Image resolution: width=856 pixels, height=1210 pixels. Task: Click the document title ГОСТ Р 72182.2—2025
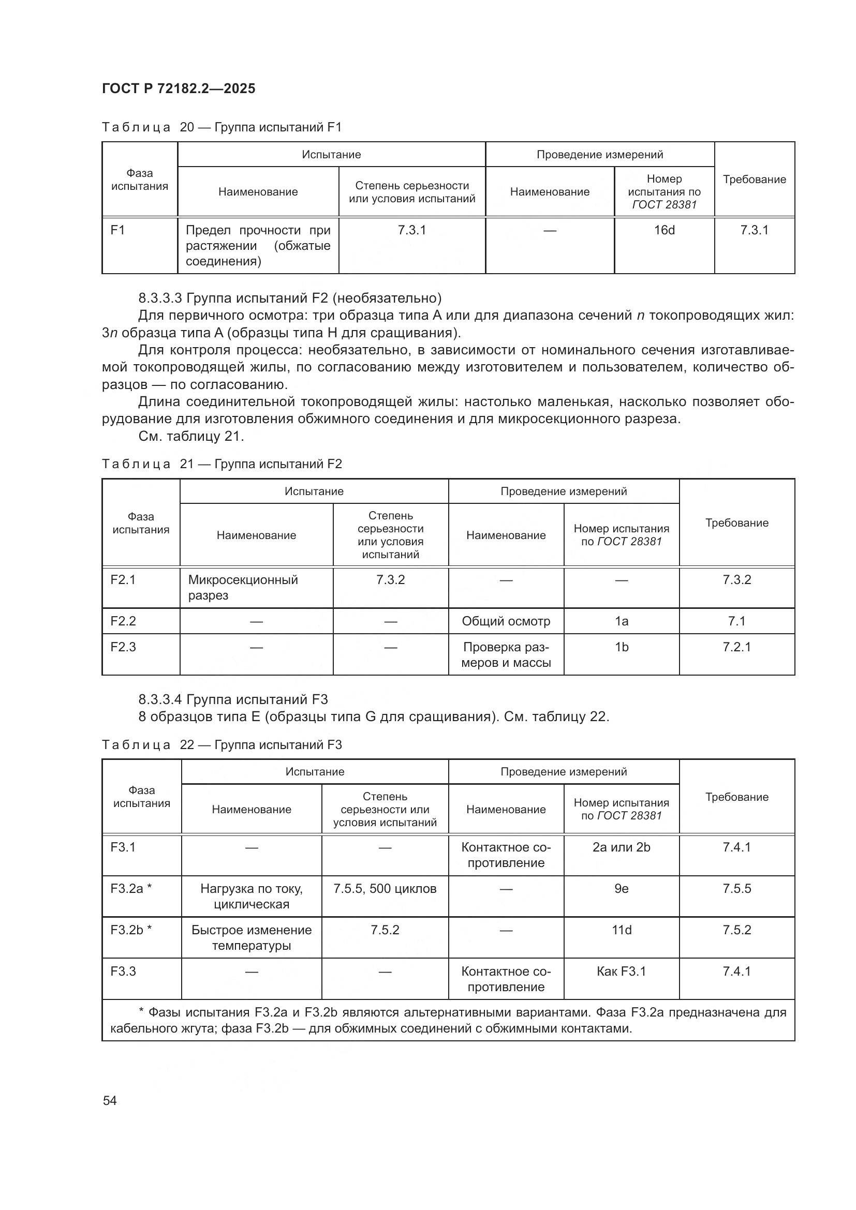(179, 88)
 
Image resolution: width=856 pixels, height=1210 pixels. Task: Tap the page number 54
(110, 1100)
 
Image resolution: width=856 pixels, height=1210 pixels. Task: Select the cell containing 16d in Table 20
(664, 230)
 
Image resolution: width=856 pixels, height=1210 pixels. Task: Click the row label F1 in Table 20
(117, 230)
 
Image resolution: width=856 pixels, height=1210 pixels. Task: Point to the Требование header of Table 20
(754, 179)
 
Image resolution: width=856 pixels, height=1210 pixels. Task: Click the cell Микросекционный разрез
(243, 588)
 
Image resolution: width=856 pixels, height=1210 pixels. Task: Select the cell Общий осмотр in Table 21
(506, 621)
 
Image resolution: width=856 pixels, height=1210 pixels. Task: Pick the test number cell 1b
(622, 647)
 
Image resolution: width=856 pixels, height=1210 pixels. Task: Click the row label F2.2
(123, 621)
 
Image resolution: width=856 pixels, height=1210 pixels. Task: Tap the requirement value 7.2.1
(736, 647)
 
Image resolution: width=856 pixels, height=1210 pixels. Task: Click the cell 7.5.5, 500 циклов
(385, 889)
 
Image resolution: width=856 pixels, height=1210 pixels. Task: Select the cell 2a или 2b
(622, 847)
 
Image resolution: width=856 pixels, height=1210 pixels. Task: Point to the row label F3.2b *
(131, 930)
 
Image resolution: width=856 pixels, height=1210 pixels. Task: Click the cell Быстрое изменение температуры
(252, 937)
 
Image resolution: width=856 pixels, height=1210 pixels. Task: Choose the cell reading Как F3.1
(622, 972)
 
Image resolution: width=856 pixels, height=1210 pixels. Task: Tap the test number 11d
(622, 930)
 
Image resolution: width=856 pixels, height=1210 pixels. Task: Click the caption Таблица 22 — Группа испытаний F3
(222, 744)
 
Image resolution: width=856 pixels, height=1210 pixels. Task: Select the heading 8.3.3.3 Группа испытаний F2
(290, 298)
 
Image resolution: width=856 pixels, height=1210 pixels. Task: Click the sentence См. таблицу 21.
(191, 437)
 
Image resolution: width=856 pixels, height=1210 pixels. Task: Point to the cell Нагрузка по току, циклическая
(252, 897)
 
